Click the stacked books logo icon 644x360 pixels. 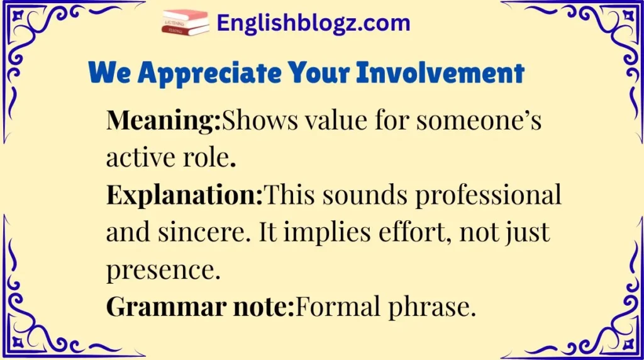[x=185, y=23]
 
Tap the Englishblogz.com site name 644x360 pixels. [x=313, y=24]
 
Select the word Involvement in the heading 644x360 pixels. [x=440, y=74]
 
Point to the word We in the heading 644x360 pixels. [x=111, y=74]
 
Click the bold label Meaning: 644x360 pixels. [x=164, y=120]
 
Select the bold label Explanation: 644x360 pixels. [x=185, y=196]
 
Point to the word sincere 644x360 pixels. [x=196, y=233]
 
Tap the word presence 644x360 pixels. [x=163, y=271]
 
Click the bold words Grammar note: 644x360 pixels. [x=200, y=308]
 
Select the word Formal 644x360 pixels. [x=333, y=308]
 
